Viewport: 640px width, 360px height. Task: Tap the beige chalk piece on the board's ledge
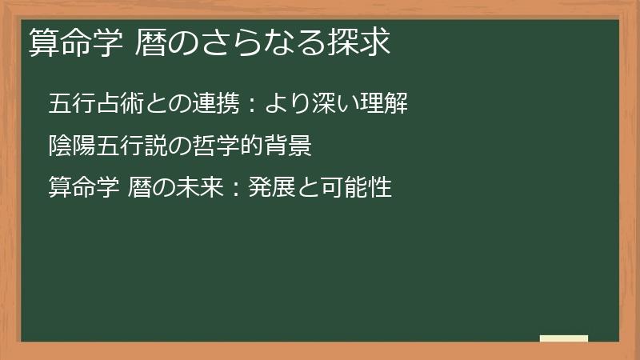tap(563, 338)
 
